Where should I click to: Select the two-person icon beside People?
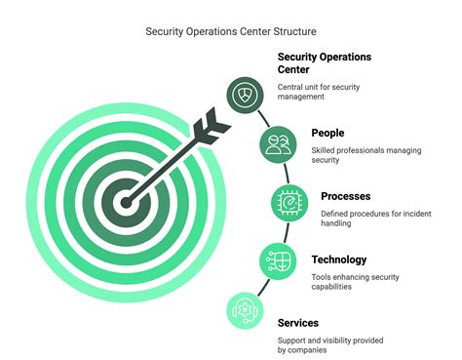tap(278, 145)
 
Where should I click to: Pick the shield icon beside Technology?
tap(277, 260)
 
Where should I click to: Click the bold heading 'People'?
tap(329, 133)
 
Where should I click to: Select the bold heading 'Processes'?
tap(346, 196)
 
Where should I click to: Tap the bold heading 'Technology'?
tap(339, 260)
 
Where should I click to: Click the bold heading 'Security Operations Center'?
tap(325, 63)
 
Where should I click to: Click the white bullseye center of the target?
tap(125, 204)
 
